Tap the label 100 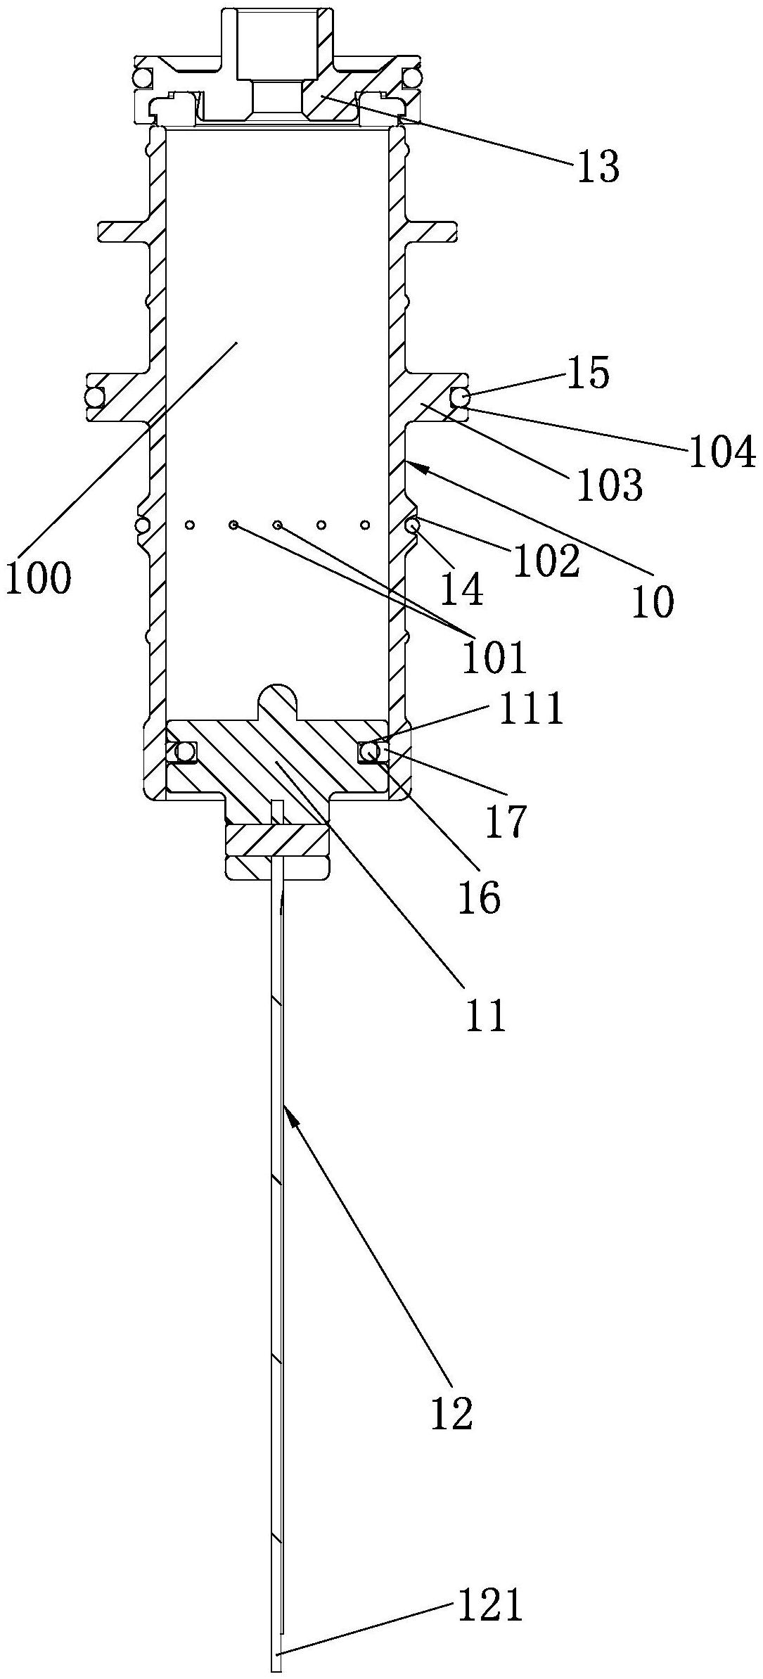click(38, 579)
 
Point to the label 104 click(722, 453)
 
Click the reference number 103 click(609, 485)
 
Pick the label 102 click(546, 561)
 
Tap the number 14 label click(462, 590)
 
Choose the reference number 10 click(653, 602)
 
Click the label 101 click(494, 657)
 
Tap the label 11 click(486, 1016)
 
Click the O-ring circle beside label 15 click(461, 399)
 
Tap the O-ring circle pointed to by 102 click(412, 524)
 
